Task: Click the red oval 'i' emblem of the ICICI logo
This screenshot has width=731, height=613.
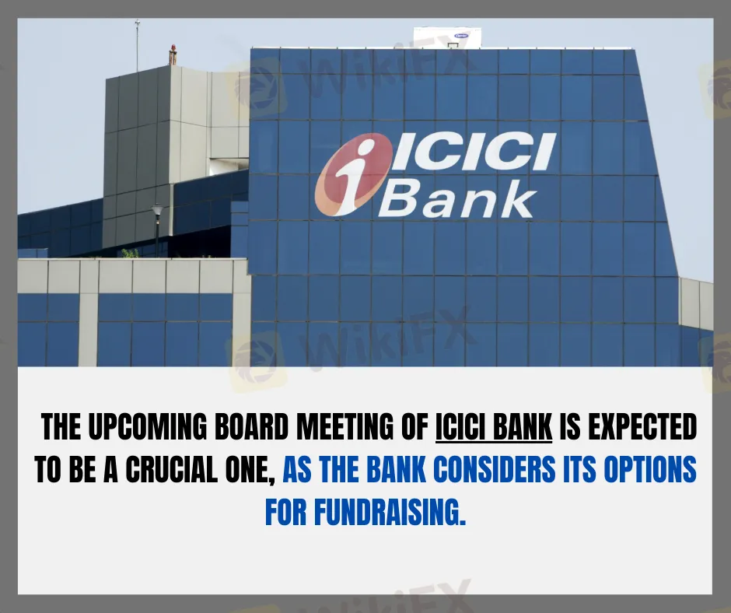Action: (x=352, y=177)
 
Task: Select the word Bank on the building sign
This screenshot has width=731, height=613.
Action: (x=456, y=199)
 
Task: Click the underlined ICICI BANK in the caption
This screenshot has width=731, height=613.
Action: (x=494, y=426)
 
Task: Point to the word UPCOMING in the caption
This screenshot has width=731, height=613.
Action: (x=146, y=426)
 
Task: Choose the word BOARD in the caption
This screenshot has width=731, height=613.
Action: (x=251, y=426)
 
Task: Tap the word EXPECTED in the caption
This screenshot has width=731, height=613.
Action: (x=642, y=426)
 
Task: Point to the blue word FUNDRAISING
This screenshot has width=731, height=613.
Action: (x=390, y=512)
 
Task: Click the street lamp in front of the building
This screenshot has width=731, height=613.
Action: (x=157, y=229)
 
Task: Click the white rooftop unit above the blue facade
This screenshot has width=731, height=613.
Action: (x=448, y=37)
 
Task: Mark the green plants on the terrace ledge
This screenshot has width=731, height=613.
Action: (x=130, y=254)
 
